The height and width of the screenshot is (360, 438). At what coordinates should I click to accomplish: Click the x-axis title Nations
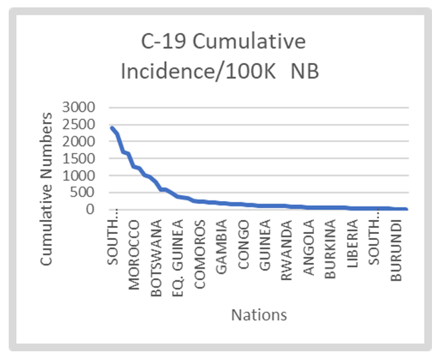click(x=259, y=314)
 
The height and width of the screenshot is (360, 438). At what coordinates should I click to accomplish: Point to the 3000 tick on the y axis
click(x=78, y=107)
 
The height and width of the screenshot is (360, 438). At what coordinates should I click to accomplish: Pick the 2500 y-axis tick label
click(x=78, y=125)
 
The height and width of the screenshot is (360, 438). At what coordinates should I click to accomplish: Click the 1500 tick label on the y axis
click(x=78, y=159)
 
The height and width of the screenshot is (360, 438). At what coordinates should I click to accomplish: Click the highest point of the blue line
click(x=111, y=127)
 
